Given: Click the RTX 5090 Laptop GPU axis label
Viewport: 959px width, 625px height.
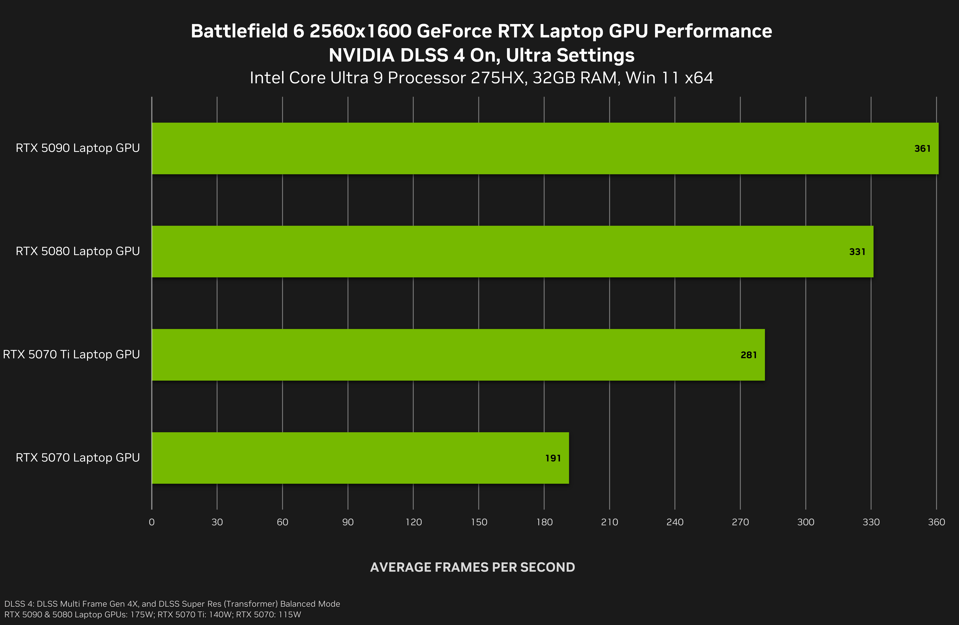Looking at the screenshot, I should [78, 148].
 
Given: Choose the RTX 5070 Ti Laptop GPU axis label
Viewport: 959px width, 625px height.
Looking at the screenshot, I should [71, 354].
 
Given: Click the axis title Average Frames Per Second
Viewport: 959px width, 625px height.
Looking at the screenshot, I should [472, 567].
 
